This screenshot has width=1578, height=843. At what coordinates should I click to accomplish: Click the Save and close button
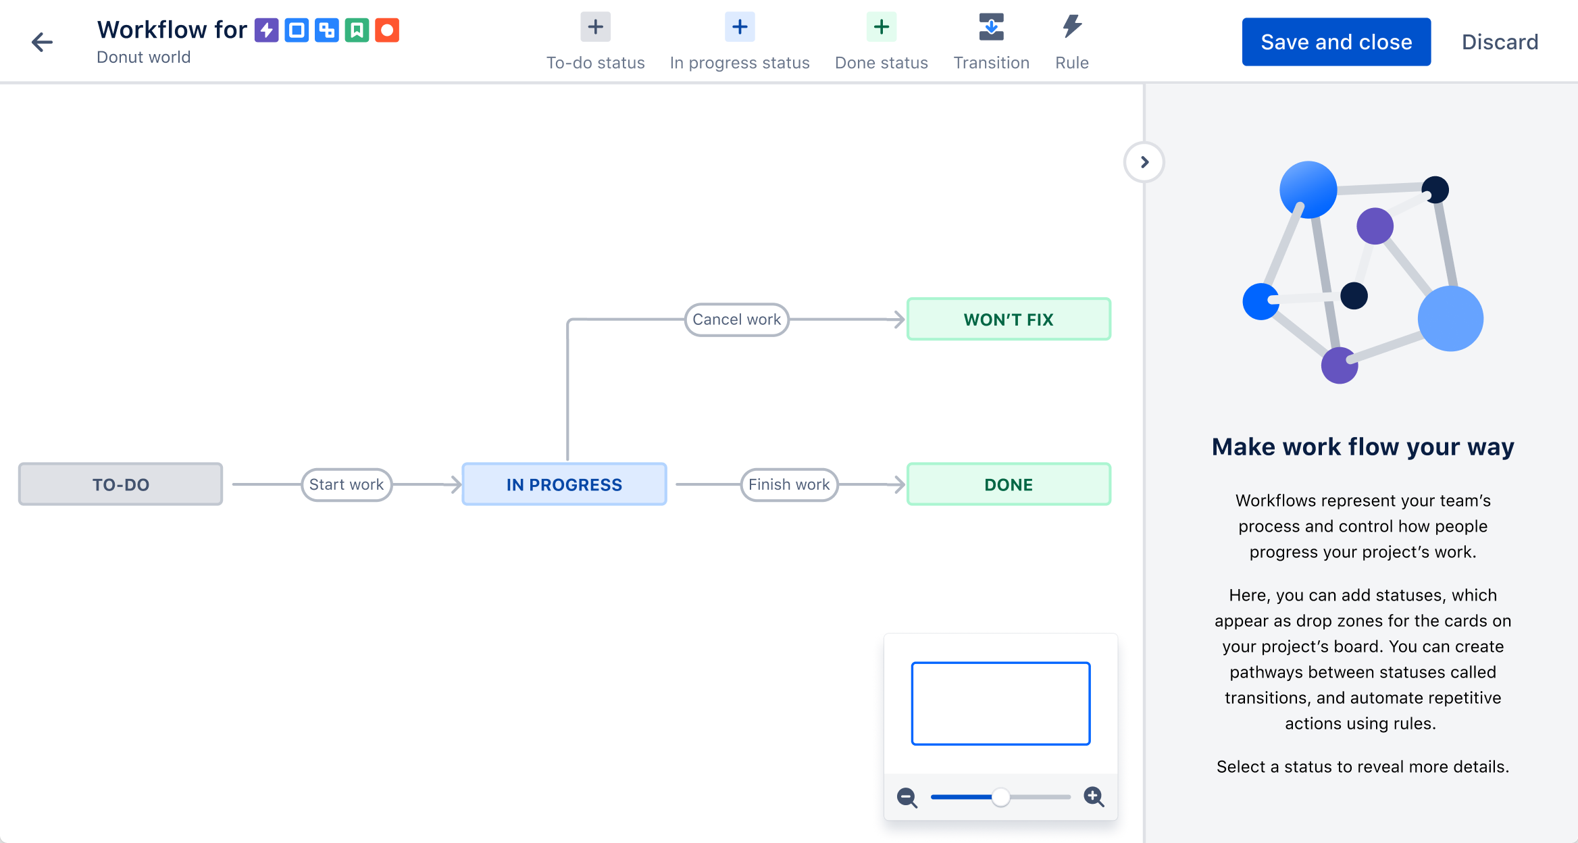1335,42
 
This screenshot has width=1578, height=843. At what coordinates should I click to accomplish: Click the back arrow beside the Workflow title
42,42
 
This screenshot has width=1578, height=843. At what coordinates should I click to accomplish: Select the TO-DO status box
120,484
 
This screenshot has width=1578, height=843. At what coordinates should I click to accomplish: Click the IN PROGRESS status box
564,484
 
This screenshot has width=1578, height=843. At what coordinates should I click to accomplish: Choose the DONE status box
1008,484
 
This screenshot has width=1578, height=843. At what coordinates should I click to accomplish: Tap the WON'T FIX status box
1008,320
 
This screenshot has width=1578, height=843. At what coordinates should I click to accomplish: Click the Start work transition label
346,484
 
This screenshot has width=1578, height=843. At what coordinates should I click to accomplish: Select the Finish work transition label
788,484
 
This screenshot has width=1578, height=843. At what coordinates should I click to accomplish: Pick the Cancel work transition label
736,320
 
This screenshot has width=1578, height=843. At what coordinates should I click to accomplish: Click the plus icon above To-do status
595,27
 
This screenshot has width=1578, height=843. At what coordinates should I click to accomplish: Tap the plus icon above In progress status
740,27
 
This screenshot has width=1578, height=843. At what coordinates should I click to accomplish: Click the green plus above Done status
881,27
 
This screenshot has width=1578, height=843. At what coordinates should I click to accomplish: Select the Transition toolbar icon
991,27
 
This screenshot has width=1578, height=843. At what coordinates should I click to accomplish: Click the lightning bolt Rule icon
1071,27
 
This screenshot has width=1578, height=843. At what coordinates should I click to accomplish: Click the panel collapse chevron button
1144,162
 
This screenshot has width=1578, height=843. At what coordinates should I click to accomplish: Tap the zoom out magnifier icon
907,797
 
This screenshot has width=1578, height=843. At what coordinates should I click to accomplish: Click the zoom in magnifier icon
1094,797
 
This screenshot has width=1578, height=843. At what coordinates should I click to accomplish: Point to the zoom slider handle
1000,797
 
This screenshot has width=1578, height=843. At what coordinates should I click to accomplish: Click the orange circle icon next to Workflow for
387,30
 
